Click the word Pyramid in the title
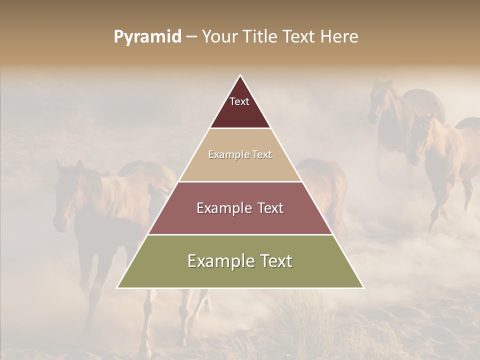[x=147, y=36]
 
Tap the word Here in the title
[x=339, y=36]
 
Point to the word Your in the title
[x=220, y=36]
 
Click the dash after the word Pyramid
[x=191, y=37]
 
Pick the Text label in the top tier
[x=239, y=101]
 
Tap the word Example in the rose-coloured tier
[x=223, y=208]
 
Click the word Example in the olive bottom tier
[x=218, y=261]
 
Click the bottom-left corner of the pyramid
[x=117, y=288]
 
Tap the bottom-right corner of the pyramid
[x=363, y=288]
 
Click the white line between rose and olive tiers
[x=240, y=234]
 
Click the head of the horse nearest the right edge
[x=417, y=140]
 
